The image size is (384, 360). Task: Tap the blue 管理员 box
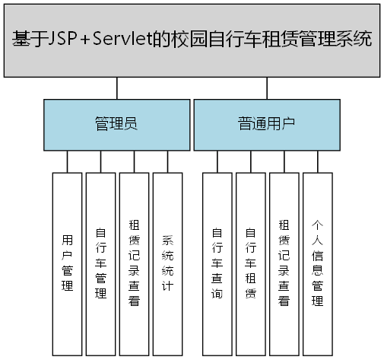coord(116,123)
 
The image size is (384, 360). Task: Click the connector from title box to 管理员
coord(116,87)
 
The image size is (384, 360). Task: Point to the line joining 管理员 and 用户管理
coord(67,161)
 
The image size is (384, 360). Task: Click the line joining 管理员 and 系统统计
coord(167,161)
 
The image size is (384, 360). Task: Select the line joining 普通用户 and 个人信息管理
coord(317,161)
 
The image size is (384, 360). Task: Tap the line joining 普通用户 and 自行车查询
coord(217,161)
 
